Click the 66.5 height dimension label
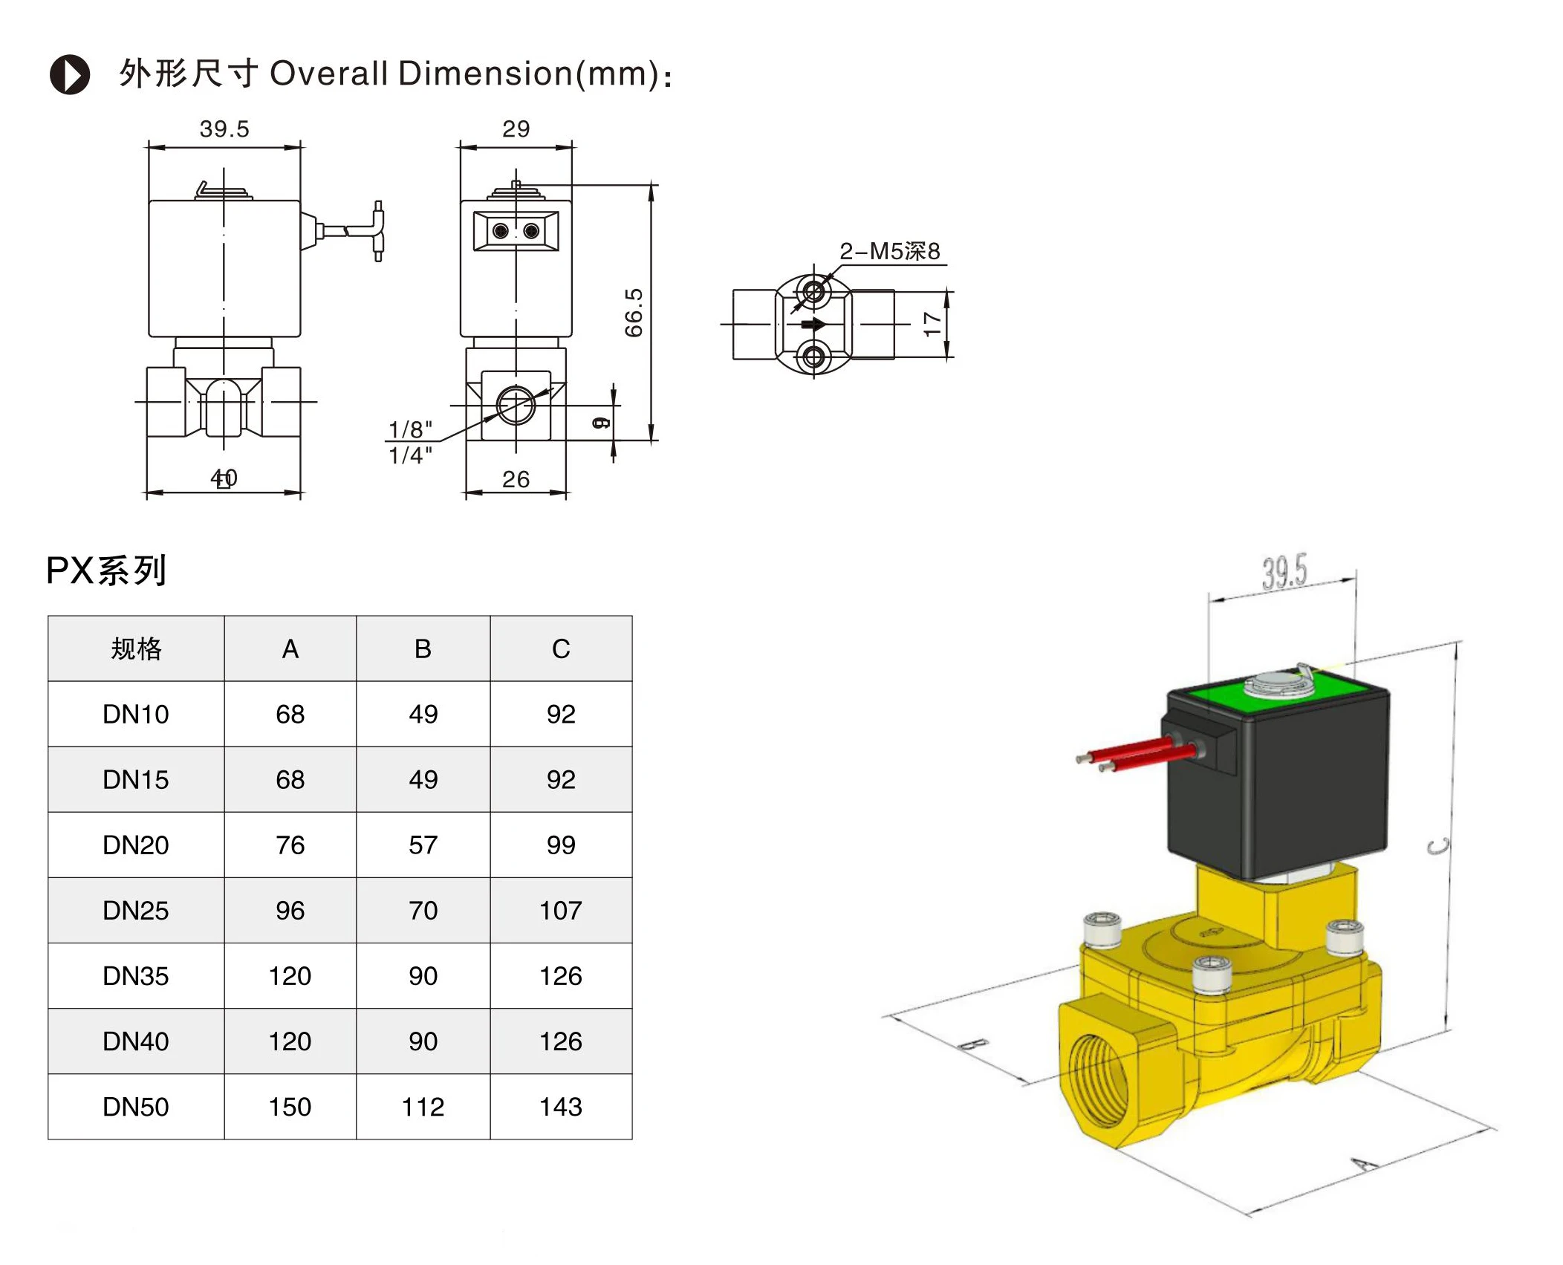633,313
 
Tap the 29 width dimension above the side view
516,129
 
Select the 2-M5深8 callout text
889,251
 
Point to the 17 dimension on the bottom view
932,324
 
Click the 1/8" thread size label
410,429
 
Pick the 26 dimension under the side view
516,479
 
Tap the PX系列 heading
106,570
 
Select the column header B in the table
423,649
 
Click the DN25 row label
136,911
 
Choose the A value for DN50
290,1107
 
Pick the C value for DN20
561,845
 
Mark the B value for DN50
423,1107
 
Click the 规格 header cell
136,649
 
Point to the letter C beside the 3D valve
1439,846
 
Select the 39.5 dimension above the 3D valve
1284,572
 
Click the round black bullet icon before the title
70,75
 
